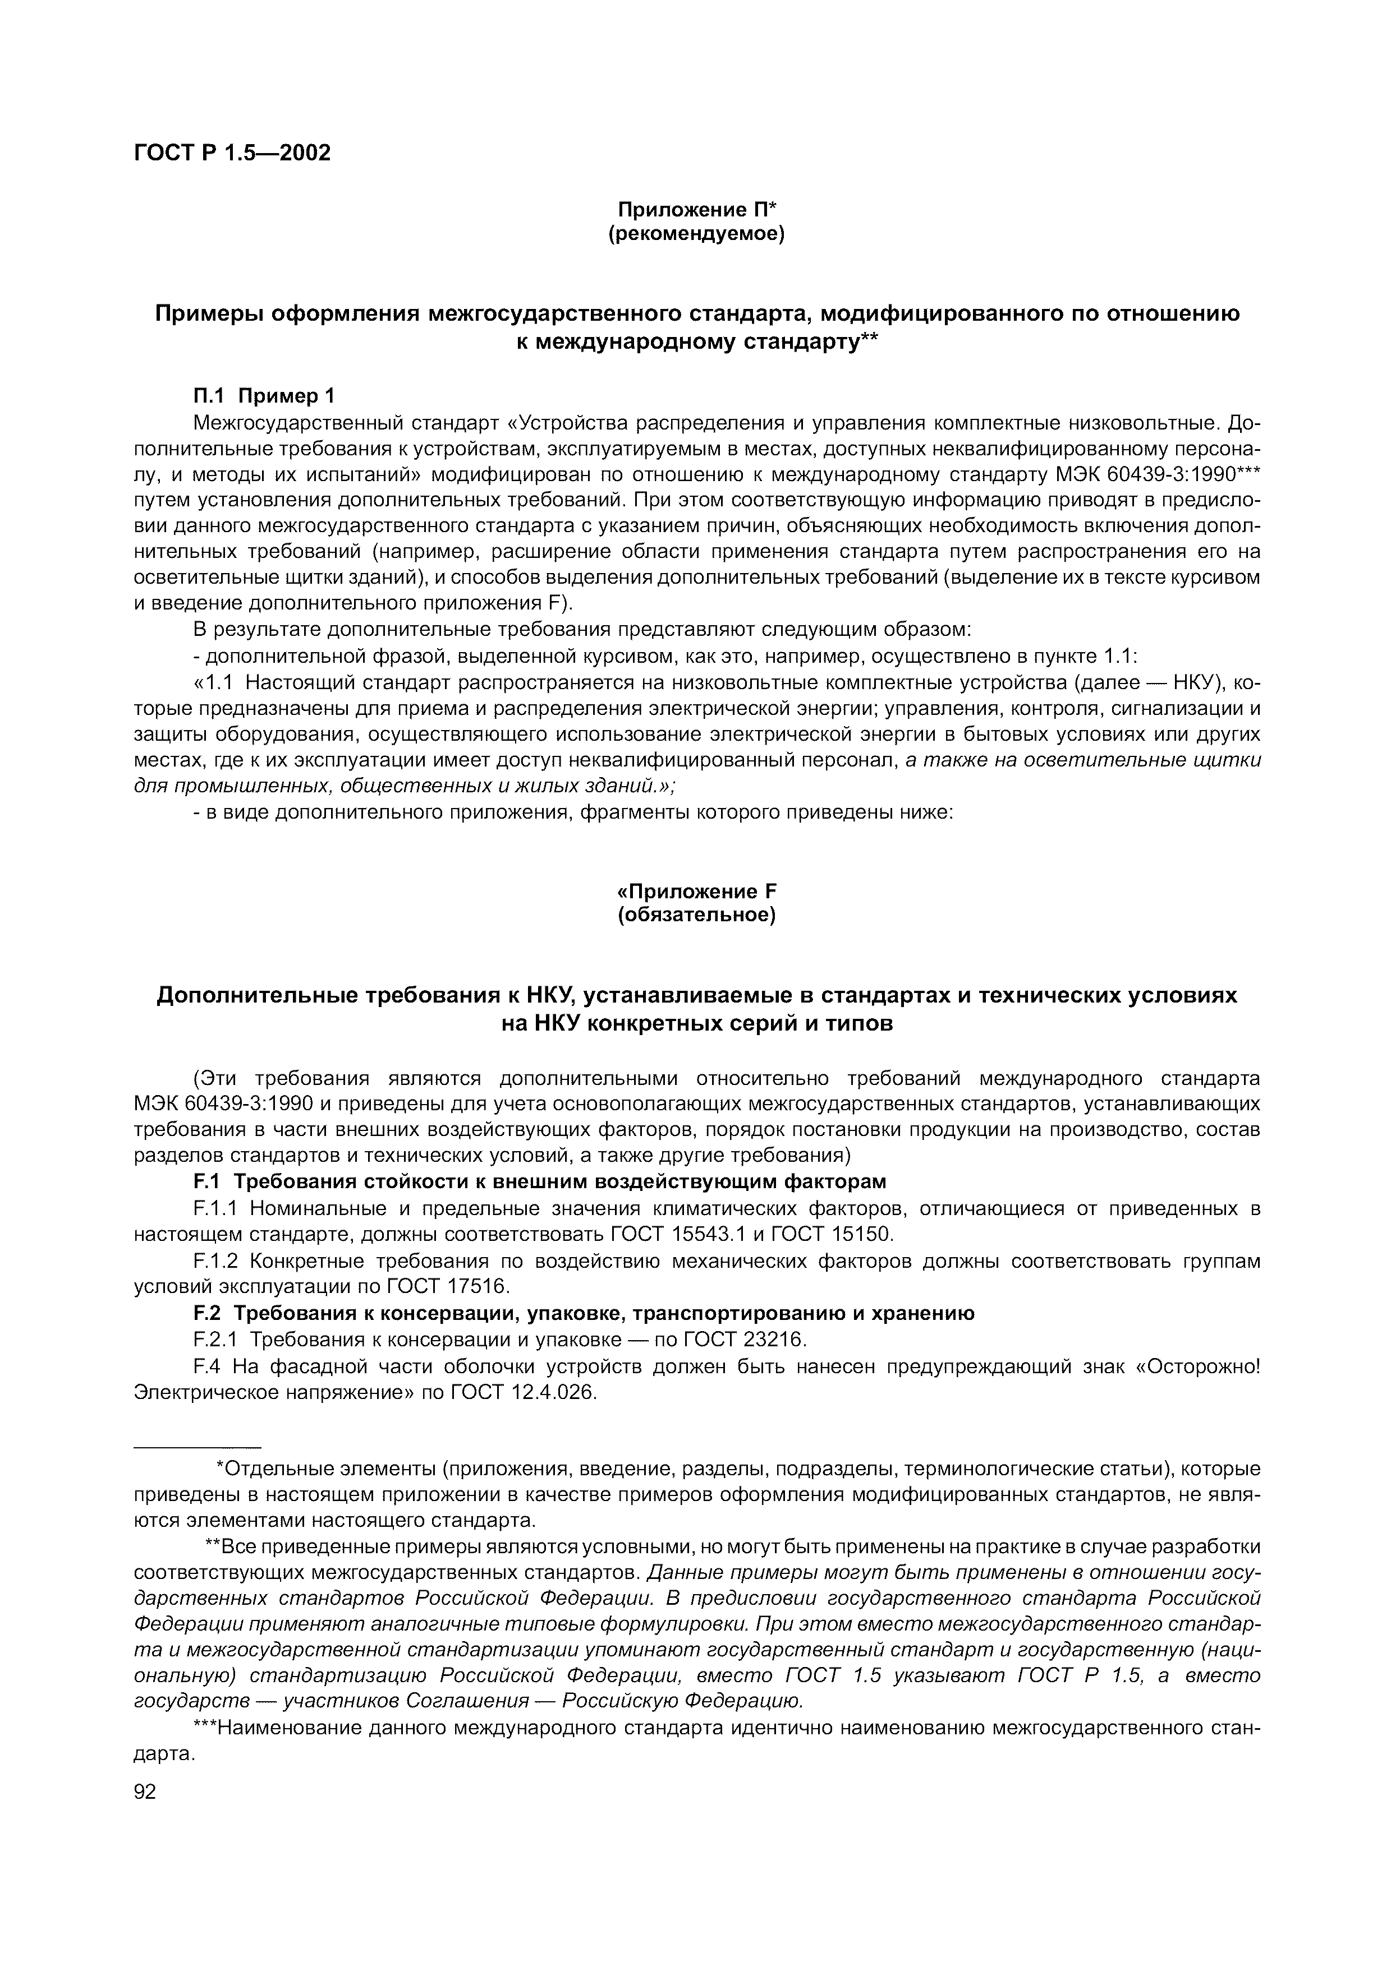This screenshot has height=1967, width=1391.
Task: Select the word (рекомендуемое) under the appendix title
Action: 696,233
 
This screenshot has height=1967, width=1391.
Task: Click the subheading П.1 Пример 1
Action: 264,396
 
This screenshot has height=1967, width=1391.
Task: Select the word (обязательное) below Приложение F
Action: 696,916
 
